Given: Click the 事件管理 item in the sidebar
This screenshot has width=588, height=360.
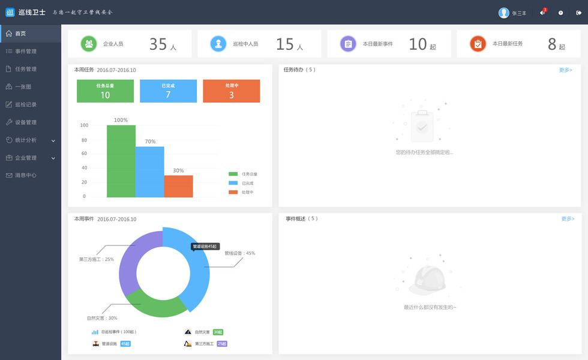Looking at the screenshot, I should [x=25, y=52].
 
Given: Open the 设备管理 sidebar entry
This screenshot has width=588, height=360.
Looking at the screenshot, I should [x=25, y=122].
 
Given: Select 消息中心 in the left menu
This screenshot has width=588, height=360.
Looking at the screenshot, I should [x=25, y=176].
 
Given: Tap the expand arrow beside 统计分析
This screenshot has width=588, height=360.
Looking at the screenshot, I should [x=53, y=140].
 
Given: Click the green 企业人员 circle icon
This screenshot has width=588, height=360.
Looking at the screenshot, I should [x=89, y=44].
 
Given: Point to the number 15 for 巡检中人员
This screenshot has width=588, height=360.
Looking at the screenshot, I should [x=284, y=44].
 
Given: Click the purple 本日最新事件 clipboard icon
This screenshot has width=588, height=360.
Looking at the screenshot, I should [x=348, y=44].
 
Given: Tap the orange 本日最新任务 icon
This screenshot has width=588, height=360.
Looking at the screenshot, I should [x=478, y=44].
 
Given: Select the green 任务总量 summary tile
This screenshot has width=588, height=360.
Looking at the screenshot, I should [x=105, y=91].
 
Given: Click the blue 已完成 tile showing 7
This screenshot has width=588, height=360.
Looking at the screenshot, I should [x=168, y=91].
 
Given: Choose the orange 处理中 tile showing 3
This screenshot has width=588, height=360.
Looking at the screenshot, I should [x=231, y=91].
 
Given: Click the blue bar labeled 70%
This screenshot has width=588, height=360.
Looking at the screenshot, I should [x=149, y=172].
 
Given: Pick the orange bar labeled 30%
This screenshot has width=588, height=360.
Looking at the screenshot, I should [x=178, y=187].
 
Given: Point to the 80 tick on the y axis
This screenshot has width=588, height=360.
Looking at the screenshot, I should [x=85, y=140].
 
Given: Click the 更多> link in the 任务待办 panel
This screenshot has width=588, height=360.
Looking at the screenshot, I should [x=566, y=70].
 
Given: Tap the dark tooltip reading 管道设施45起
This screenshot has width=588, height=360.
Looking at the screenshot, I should [x=205, y=247].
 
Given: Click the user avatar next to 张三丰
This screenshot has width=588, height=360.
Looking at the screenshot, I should [x=504, y=13].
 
